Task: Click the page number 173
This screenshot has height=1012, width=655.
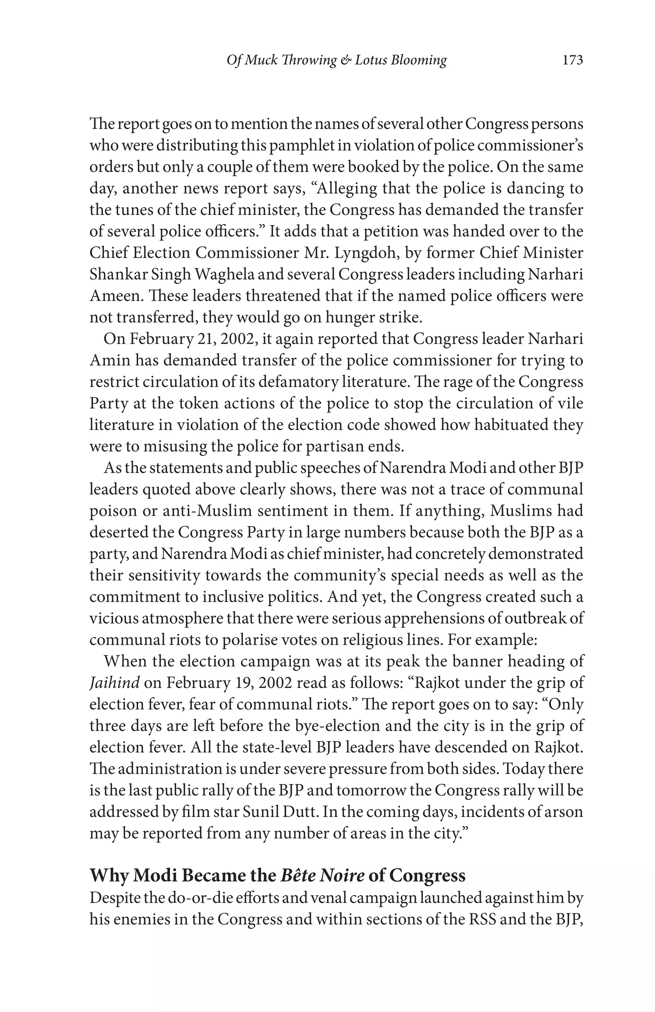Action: click(572, 60)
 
